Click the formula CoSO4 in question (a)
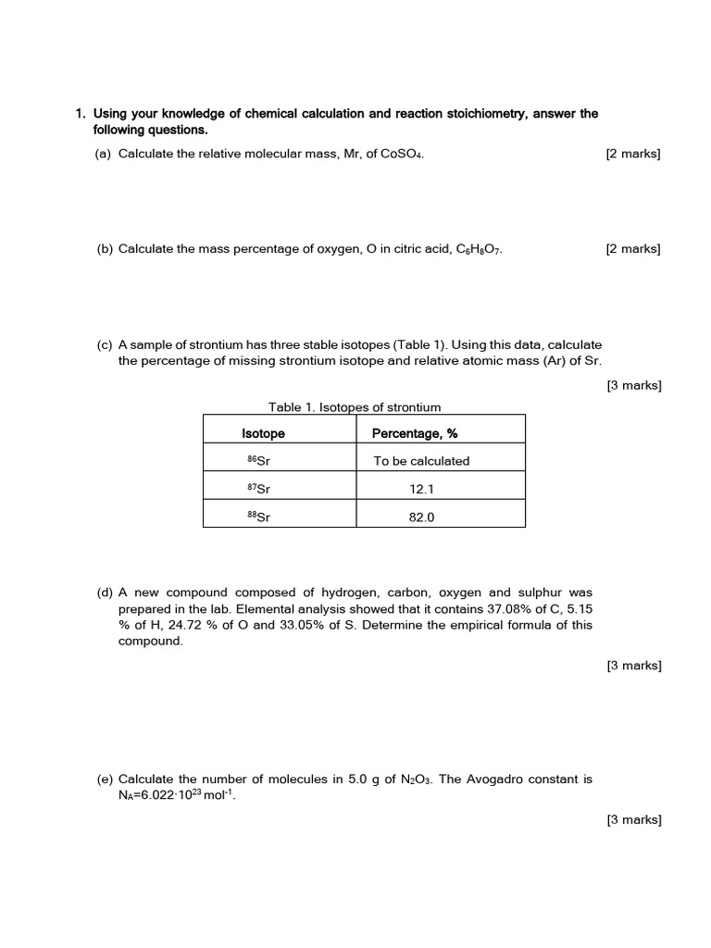click(x=402, y=155)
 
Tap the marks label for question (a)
click(x=633, y=155)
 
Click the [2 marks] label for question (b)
click(x=633, y=249)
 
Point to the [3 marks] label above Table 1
click(x=634, y=385)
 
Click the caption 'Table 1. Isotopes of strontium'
click(x=355, y=406)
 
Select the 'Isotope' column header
click(x=264, y=433)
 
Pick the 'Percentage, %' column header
click(x=415, y=433)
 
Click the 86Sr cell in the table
click(x=258, y=461)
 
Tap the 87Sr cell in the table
click(x=258, y=489)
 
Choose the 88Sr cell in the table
click(x=258, y=518)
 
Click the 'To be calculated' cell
click(x=421, y=461)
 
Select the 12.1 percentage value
click(x=421, y=489)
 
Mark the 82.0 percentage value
click(x=421, y=518)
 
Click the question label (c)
click(x=105, y=344)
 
